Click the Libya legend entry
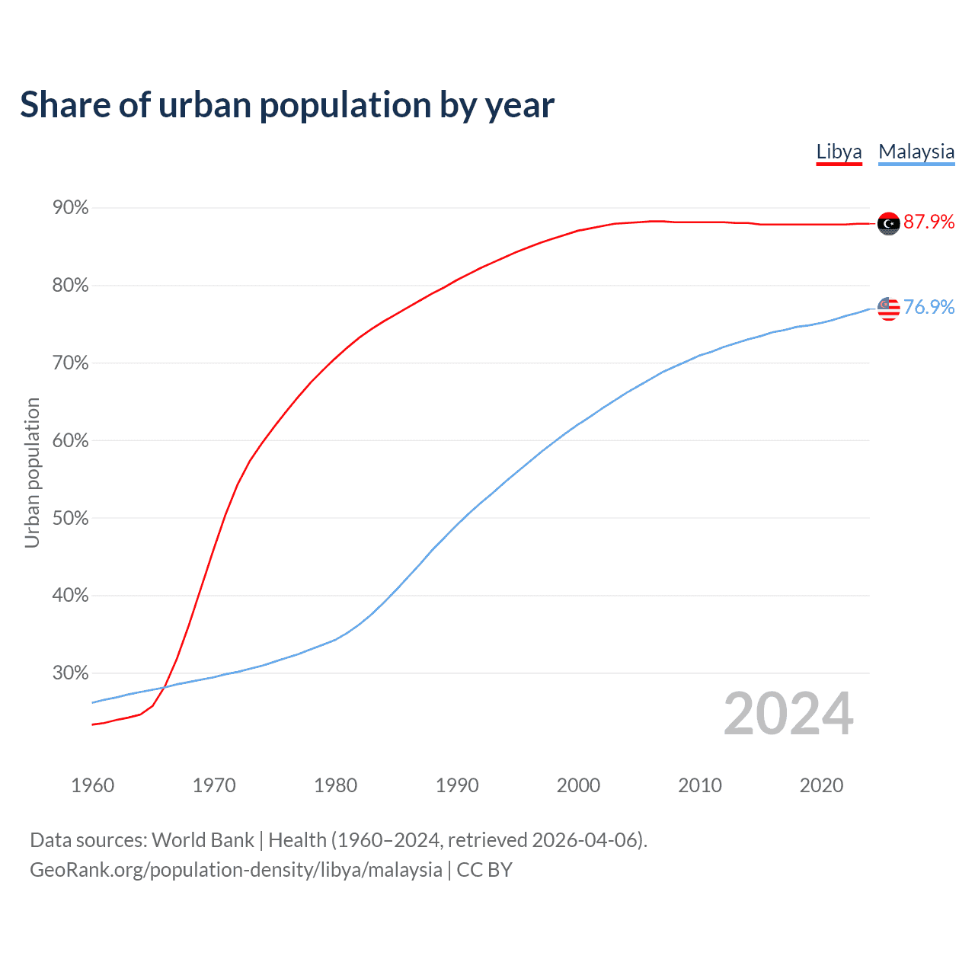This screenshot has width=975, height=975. pyautogui.click(x=839, y=152)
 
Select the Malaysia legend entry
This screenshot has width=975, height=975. pyautogui.click(x=916, y=152)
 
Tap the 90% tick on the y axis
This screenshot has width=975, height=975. pyautogui.click(x=70, y=208)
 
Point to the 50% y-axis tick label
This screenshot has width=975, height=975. pyautogui.click(x=70, y=519)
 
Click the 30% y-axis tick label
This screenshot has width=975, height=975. pyautogui.click(x=70, y=673)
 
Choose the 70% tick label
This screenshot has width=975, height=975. pyautogui.click(x=70, y=363)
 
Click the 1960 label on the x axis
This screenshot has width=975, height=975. pyautogui.click(x=92, y=785)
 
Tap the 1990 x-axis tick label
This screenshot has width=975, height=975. pyautogui.click(x=457, y=785)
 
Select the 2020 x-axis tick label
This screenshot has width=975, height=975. pyautogui.click(x=821, y=785)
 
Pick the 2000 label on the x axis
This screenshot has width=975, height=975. pyautogui.click(x=578, y=785)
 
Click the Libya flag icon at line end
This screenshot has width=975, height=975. pyautogui.click(x=888, y=223)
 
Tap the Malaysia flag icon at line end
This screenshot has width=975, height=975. pyautogui.click(x=888, y=308)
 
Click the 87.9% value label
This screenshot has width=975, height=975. pyautogui.click(x=929, y=222)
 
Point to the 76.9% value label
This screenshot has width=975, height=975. pyautogui.click(x=929, y=307)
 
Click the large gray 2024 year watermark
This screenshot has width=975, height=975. pyautogui.click(x=788, y=714)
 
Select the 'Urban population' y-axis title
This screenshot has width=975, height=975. pyautogui.click(x=32, y=472)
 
